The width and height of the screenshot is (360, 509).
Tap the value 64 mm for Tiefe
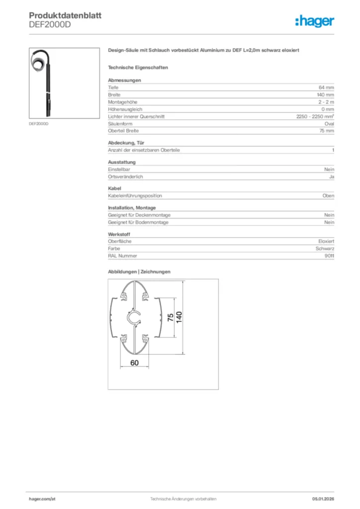click(x=326, y=87)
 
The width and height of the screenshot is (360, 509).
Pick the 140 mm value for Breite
click(x=325, y=94)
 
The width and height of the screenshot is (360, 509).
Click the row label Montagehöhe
click(x=119, y=102)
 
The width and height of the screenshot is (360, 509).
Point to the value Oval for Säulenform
click(x=329, y=123)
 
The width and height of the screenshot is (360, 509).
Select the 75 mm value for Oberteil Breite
click(x=326, y=131)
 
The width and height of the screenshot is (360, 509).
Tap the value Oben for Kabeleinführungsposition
click(x=328, y=196)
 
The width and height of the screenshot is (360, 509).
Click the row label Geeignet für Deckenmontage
click(x=139, y=215)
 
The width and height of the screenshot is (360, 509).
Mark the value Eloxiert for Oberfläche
click(x=326, y=241)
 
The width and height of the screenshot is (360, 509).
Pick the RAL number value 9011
click(x=329, y=255)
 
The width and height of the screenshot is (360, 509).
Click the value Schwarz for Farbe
click(x=325, y=249)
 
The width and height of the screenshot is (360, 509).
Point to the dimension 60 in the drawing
click(x=134, y=363)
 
